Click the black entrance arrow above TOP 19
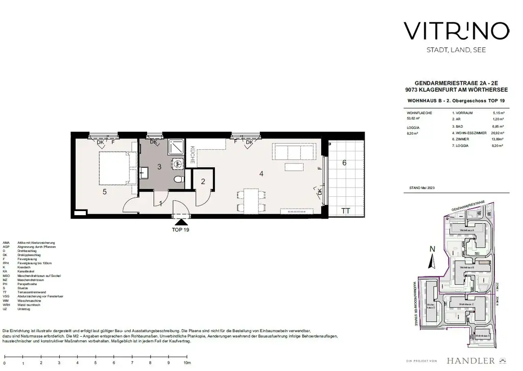(180, 222)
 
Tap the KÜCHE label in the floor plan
(193, 155)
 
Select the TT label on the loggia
(346, 210)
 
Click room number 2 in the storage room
(203, 181)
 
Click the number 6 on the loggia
(344, 163)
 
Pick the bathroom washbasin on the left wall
(144, 174)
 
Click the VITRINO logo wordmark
(456, 31)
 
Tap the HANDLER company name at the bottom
(470, 360)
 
